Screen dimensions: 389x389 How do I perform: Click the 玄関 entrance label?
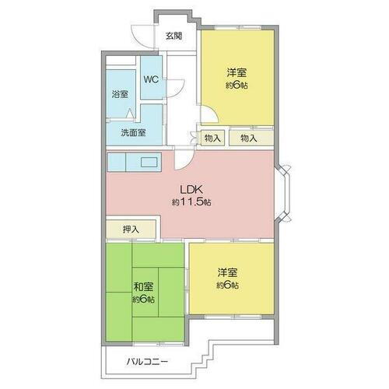[173, 36]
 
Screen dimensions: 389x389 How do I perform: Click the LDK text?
[191, 189]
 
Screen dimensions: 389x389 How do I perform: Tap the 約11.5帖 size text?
[191, 202]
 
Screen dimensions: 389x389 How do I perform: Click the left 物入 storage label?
[212, 138]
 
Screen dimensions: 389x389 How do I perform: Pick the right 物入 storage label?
[249, 138]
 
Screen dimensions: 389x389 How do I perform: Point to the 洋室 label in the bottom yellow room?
[227, 273]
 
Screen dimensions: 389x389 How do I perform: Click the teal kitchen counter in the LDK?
[133, 163]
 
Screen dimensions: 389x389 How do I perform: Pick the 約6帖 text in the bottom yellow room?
[227, 286]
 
